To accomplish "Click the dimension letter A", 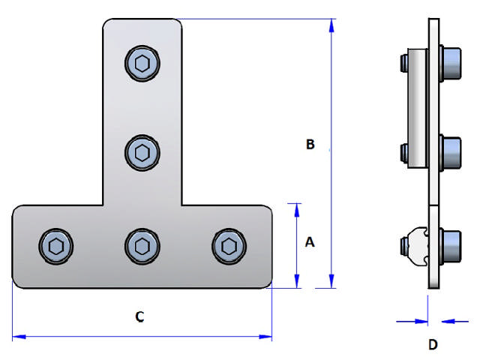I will [310, 242].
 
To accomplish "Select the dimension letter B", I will [310, 144].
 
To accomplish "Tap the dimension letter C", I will [139, 317].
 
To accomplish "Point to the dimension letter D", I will [432, 345].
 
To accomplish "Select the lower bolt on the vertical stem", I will [142, 153].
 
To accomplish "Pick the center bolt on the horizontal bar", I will [142, 244].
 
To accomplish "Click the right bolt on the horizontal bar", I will [229, 244].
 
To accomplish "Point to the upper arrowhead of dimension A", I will [297, 209].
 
